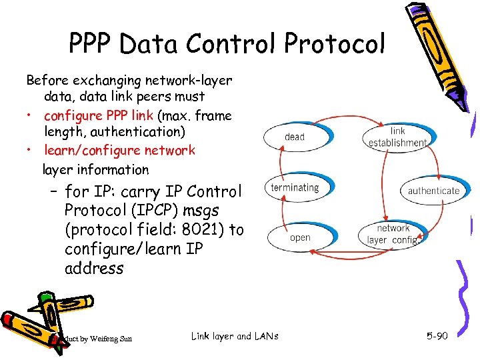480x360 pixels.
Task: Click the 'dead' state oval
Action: [294, 137]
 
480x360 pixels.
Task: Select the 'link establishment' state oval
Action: [397, 137]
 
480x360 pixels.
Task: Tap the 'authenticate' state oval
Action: [433, 191]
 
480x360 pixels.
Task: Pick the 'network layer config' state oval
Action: [393, 234]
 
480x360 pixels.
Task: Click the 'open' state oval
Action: [300, 238]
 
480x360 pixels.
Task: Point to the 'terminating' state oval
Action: [295, 187]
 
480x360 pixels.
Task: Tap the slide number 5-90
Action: [437, 336]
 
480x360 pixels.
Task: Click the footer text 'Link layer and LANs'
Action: [234, 335]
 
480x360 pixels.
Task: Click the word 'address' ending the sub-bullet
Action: [94, 269]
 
